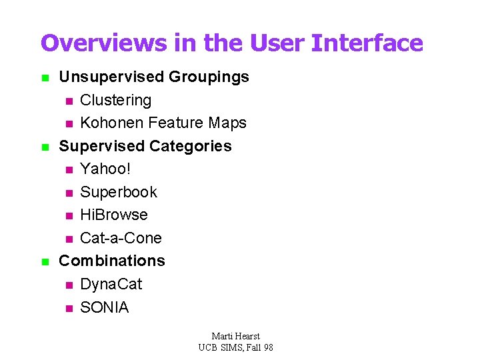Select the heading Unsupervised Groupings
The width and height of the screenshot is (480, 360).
click(154, 77)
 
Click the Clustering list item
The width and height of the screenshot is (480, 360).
click(115, 100)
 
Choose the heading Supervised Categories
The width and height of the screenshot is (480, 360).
click(145, 146)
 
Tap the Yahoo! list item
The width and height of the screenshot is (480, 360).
click(105, 169)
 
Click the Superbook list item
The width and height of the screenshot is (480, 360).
click(119, 192)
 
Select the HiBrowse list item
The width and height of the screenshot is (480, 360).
click(113, 215)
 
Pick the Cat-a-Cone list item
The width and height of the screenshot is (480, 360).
click(121, 238)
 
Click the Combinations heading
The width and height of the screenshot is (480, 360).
click(112, 261)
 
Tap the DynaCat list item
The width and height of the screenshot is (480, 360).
click(111, 284)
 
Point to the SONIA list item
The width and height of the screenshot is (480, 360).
click(104, 307)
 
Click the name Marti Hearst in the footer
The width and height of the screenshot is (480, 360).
click(235, 336)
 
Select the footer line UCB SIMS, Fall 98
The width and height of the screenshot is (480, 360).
click(235, 347)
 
